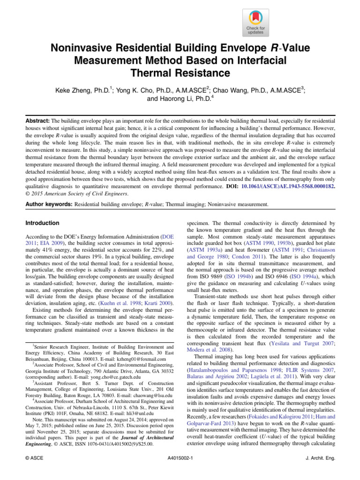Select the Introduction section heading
pyautogui.click(x=42, y=223)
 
